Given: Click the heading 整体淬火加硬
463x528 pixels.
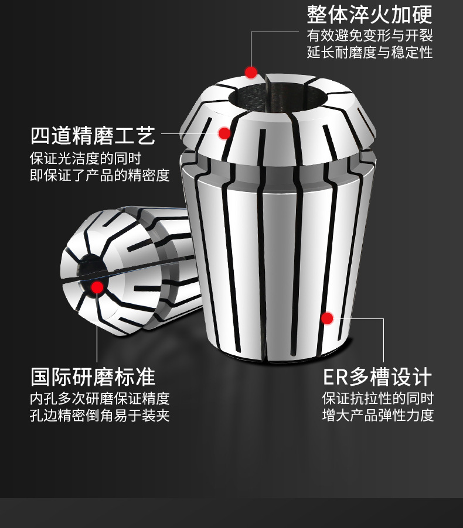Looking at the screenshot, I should click(x=369, y=15).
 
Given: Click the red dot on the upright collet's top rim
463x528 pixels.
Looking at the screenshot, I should click(x=251, y=73).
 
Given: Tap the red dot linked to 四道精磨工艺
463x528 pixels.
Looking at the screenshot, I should click(x=224, y=133).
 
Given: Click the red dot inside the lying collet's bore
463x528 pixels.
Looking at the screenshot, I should click(x=97, y=287).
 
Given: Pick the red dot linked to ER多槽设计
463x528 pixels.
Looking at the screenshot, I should click(x=327, y=318).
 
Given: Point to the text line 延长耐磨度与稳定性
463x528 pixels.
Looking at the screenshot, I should click(x=369, y=53).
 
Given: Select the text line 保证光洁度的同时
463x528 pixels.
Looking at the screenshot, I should click(x=86, y=158).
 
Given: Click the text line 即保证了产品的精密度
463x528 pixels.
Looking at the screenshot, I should click(x=100, y=175).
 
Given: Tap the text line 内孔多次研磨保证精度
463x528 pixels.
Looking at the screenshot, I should click(x=100, y=399).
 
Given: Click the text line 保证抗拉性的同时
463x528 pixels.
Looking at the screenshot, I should click(x=378, y=399).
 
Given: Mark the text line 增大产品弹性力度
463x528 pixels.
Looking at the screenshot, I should click(x=378, y=416).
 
